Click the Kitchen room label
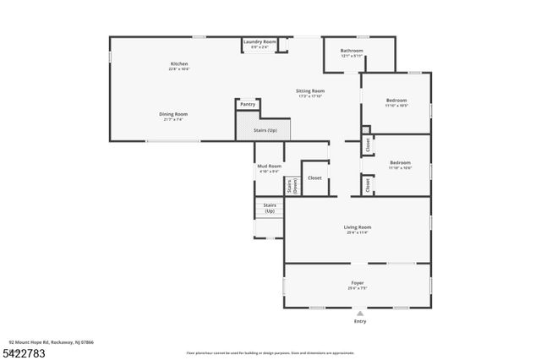tap(179, 64)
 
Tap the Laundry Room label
tap(260, 42)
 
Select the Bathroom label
tap(352, 51)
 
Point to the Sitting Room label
tap(310, 90)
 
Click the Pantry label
tap(247, 104)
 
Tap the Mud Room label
tap(269, 166)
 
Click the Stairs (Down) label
tap(290, 187)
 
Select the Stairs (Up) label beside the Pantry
tap(265, 131)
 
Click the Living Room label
tap(357, 227)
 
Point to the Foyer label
tap(358, 283)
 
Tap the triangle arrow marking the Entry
tap(360, 313)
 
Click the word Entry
tap(360, 322)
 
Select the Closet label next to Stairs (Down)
tap(314, 178)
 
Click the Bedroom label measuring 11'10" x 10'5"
tap(397, 101)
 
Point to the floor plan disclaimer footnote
tap(270, 352)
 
